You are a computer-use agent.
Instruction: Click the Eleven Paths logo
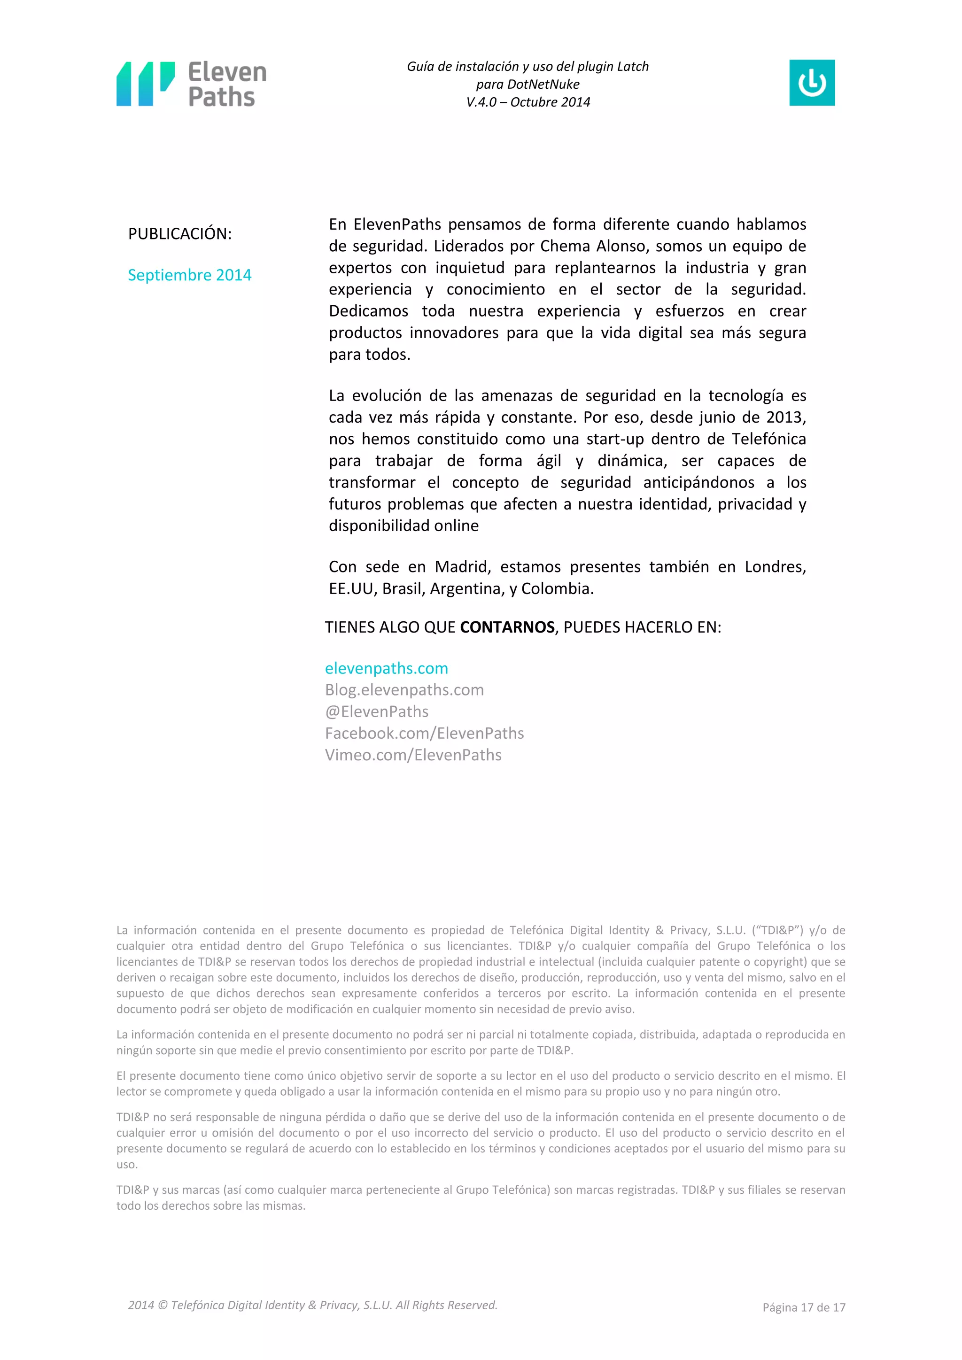191,84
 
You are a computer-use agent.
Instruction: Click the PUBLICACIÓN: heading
179,234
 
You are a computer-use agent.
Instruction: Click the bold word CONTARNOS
507,627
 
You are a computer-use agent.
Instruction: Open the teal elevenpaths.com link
386,668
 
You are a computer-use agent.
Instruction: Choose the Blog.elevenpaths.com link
404,690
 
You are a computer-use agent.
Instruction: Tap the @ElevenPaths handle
376,711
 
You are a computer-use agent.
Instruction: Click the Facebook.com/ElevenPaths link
424,734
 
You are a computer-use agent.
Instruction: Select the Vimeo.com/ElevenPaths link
413,755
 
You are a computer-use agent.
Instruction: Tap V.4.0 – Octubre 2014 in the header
528,102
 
